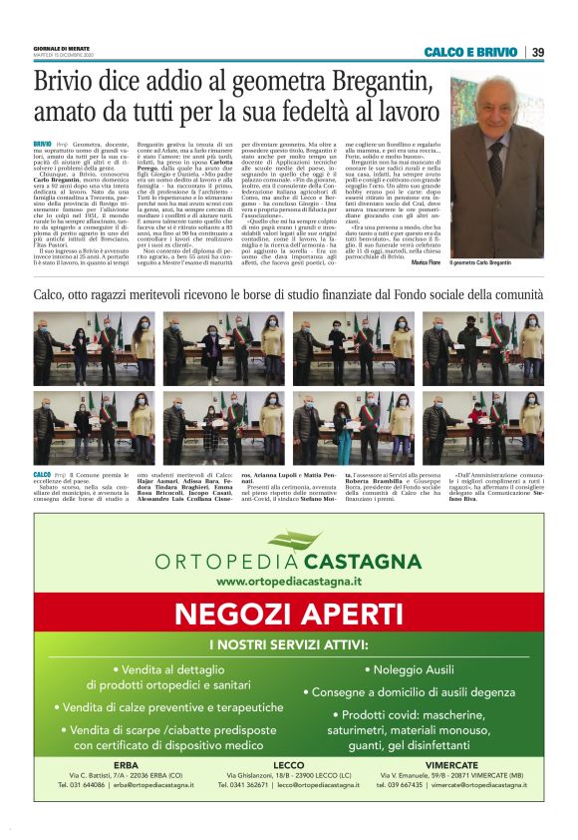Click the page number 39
coord(537,52)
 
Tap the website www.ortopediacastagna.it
coord(288,581)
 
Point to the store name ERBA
coord(127,763)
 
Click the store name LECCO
coord(288,763)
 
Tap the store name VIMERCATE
coord(451,763)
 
